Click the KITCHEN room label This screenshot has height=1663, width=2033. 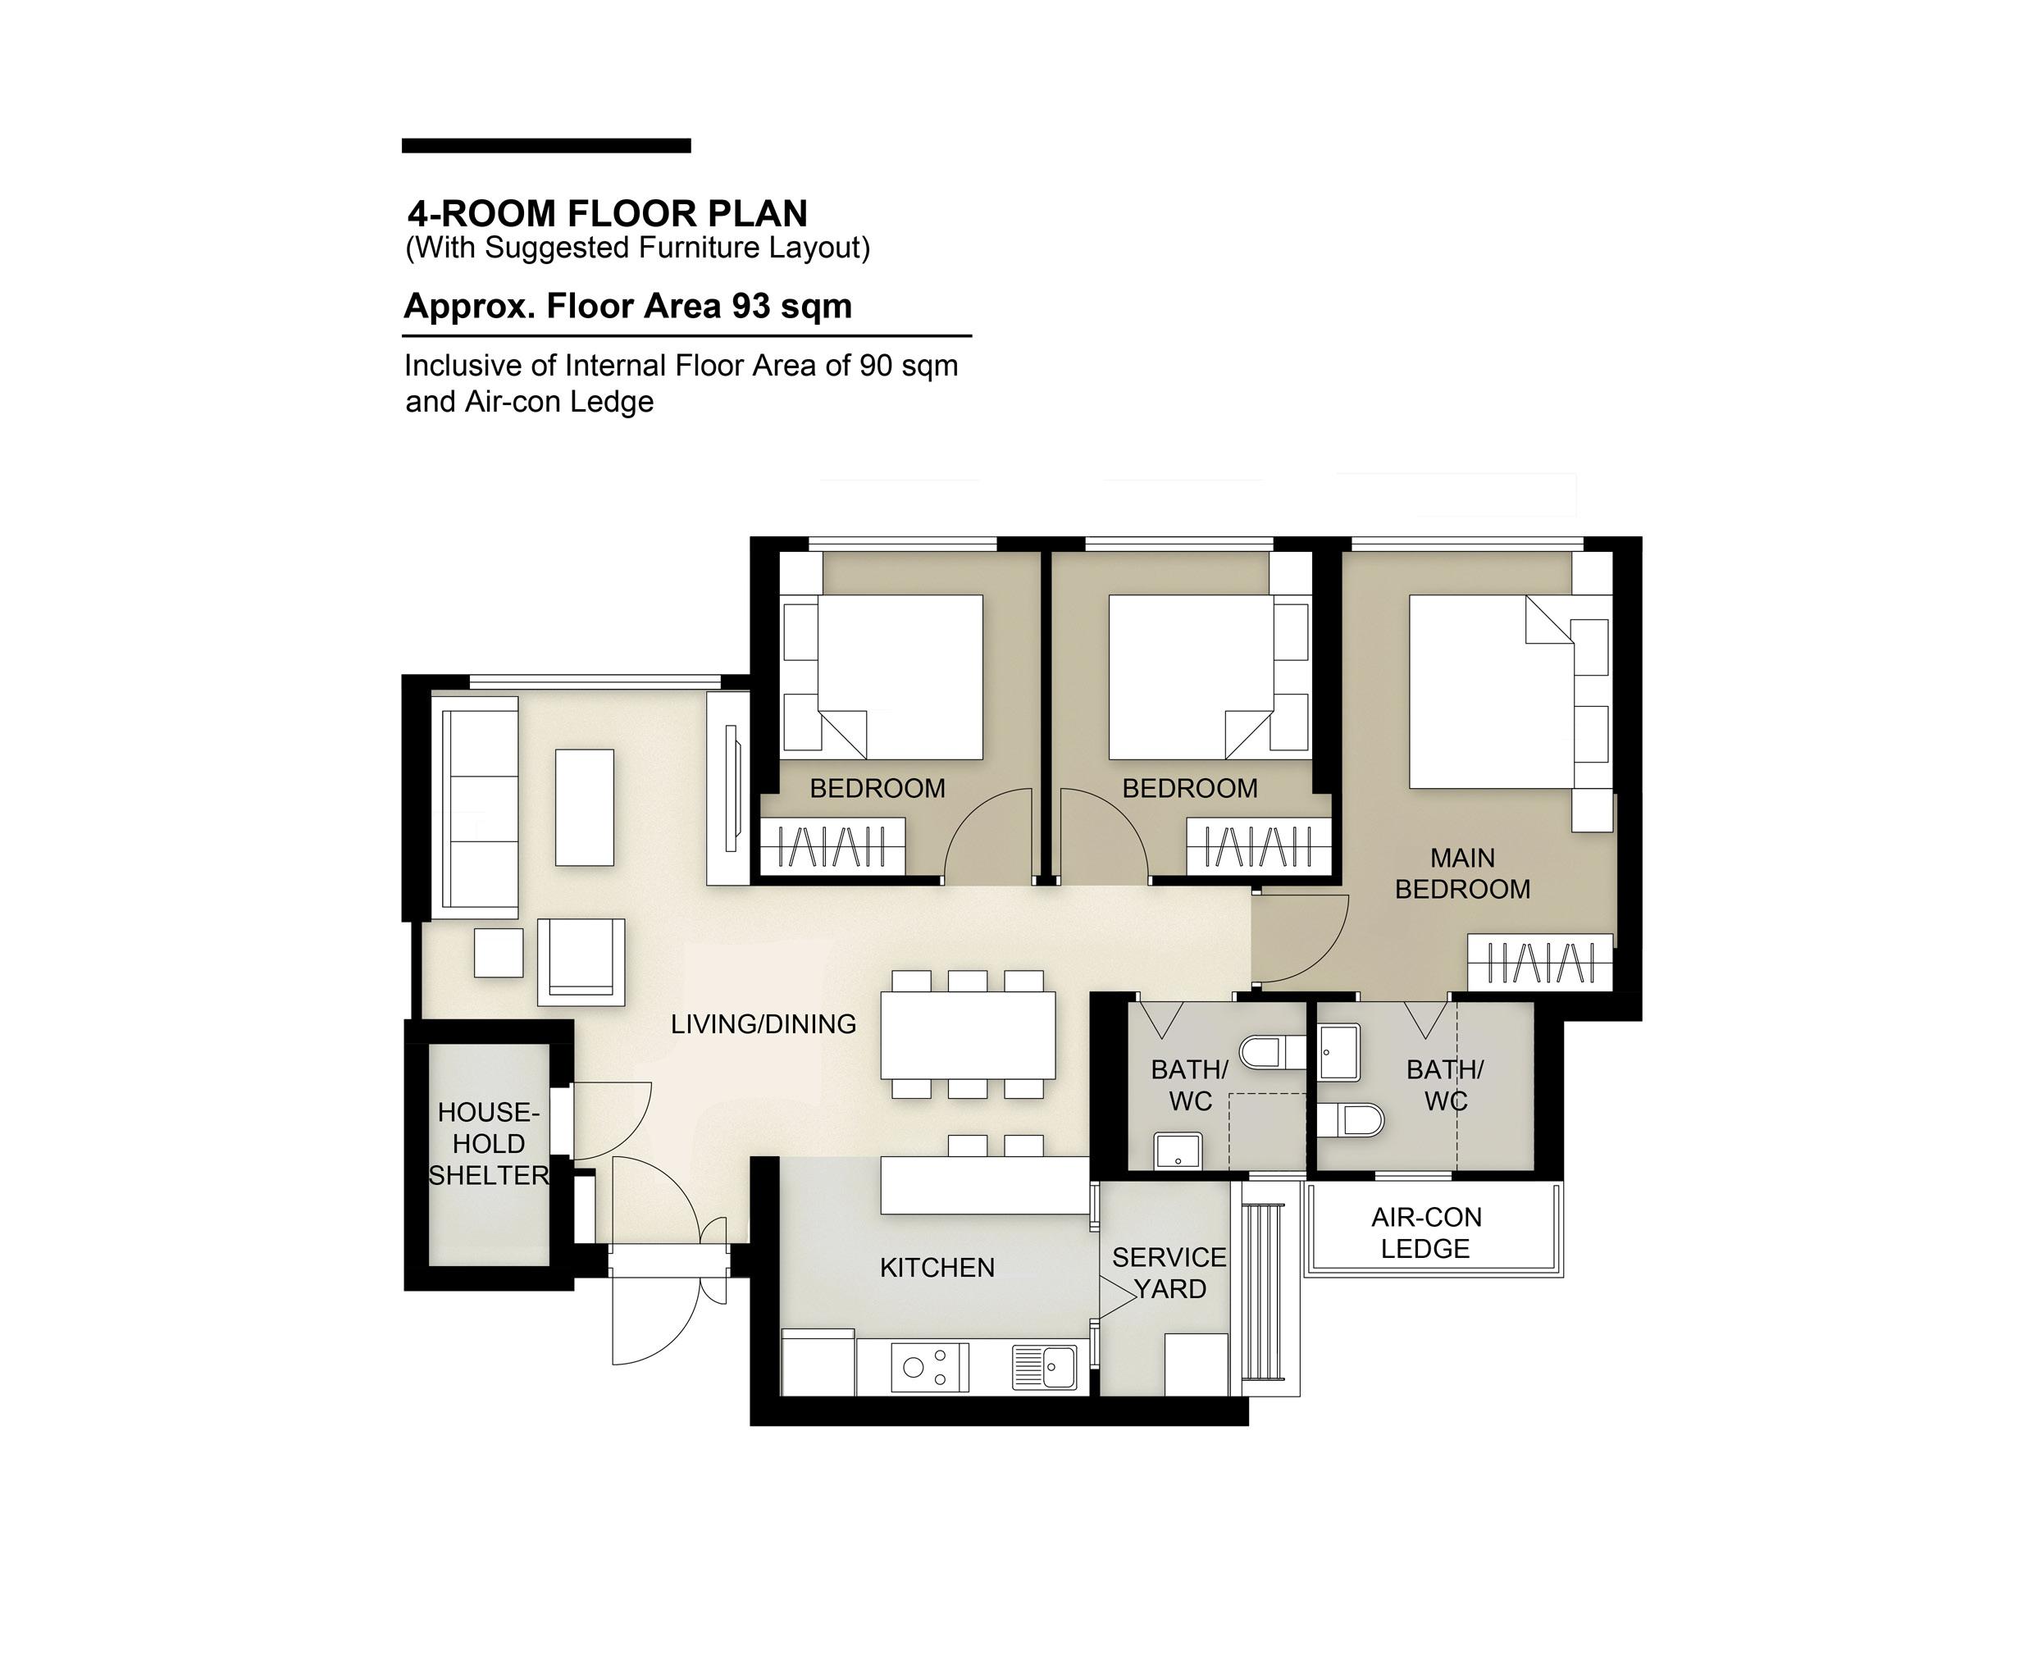[937, 1268]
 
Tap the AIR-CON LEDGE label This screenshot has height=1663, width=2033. [1425, 1232]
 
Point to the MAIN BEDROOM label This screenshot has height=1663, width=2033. [1462, 873]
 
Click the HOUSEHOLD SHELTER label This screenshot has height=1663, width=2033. [489, 1144]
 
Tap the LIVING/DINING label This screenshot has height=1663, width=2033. [764, 1024]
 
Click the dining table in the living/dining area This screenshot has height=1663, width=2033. [968, 1036]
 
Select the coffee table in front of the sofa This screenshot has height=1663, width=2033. [585, 808]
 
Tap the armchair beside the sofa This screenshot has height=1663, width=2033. [581, 962]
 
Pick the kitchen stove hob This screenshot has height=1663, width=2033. [929, 1367]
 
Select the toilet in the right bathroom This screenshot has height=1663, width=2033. [1351, 1120]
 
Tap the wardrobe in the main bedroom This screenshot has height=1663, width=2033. [1541, 962]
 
